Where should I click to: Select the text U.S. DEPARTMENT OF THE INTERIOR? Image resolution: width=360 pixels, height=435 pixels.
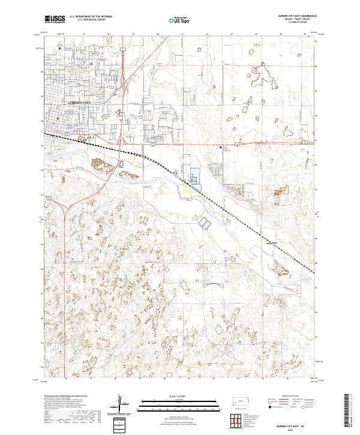point(91,16)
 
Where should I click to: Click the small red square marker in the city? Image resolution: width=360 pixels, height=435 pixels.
point(91,64)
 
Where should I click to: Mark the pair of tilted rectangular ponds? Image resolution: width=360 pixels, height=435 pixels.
point(205,223)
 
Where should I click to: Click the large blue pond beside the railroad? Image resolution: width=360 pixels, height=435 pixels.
point(194,178)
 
